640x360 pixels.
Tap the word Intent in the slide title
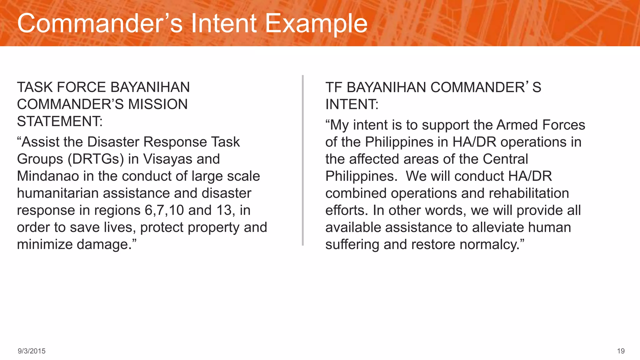click(224, 24)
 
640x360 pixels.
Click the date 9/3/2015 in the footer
click(32, 351)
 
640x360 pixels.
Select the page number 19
click(621, 351)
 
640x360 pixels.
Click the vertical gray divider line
click(302, 160)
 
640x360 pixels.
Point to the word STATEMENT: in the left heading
click(60, 122)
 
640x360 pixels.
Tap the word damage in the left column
click(102, 245)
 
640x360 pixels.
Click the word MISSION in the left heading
click(158, 104)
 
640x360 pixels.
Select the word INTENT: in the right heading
click(352, 104)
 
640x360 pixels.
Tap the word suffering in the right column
click(352, 245)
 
